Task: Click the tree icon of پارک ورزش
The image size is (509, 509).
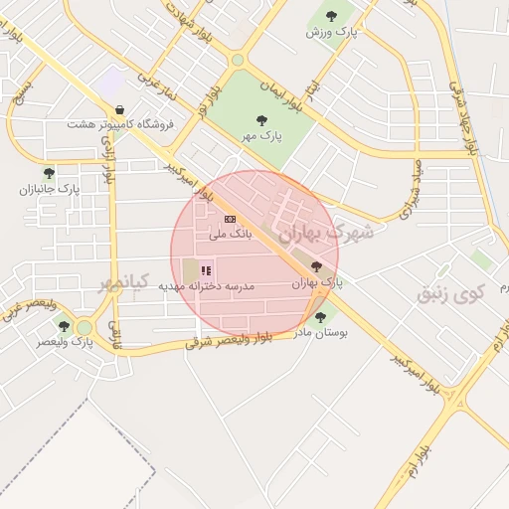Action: tap(332, 15)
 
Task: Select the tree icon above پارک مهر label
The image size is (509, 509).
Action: tap(262, 120)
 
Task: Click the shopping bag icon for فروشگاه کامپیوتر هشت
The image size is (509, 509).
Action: tap(120, 109)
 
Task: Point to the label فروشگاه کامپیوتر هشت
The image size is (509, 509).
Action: tap(120, 124)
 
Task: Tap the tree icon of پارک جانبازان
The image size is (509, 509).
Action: tap(49, 173)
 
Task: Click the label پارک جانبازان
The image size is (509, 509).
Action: tap(55, 188)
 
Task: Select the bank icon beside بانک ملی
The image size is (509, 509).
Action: tap(231, 219)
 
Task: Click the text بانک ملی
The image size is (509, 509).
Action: tap(231, 234)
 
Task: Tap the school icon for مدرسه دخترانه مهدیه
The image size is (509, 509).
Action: tap(206, 269)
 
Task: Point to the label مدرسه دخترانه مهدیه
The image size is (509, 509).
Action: tap(207, 285)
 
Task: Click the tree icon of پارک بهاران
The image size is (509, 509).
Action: tap(316, 266)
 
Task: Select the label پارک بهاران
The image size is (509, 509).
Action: tap(317, 282)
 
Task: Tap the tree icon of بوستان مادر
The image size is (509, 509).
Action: tap(319, 317)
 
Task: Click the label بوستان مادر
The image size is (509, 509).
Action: tap(320, 333)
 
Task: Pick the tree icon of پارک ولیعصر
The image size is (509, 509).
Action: tap(64, 325)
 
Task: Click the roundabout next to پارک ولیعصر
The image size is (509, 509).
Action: tap(85, 327)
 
